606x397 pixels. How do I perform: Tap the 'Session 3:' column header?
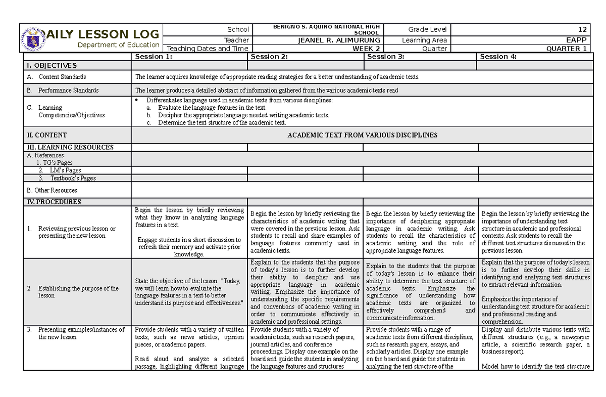pos(386,57)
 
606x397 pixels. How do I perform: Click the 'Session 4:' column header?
pos(498,57)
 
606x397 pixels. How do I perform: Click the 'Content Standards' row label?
pos(62,77)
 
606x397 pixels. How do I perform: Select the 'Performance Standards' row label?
pos(68,91)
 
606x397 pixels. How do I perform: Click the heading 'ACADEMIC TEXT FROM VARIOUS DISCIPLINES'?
pos(362,135)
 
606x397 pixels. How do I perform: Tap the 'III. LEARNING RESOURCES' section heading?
pos(70,147)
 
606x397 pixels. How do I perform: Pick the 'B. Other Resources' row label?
pos(52,190)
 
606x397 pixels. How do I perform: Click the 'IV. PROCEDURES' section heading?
pos(53,202)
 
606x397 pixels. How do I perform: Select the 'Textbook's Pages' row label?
pos(72,178)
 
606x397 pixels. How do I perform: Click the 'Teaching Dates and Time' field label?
pos(208,49)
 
